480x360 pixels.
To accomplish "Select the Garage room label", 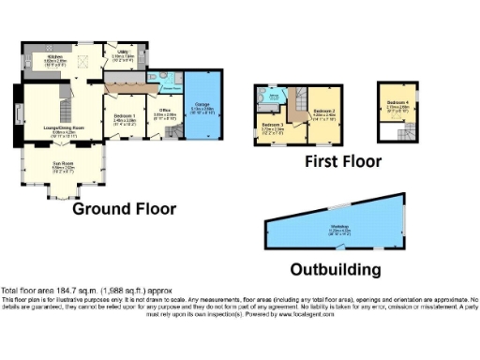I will tap(201, 109).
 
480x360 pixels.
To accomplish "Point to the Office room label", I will tap(164, 115).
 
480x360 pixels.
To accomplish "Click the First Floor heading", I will tap(343, 161).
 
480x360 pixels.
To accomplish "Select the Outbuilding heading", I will tap(335, 269).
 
